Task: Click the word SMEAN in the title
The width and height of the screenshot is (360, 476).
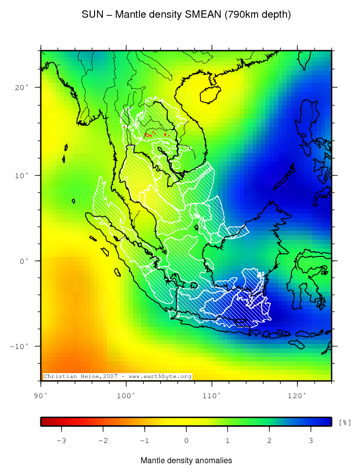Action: (203, 15)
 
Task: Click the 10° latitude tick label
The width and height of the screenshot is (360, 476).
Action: (22, 175)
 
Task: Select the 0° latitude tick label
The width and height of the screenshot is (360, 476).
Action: (24, 261)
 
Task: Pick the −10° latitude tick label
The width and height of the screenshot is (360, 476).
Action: (20, 346)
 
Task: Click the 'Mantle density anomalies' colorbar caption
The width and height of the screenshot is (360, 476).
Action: (186, 461)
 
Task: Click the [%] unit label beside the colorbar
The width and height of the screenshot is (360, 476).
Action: (345, 422)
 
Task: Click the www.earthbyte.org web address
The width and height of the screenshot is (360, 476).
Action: (160, 377)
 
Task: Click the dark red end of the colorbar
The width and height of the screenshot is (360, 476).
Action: (44, 421)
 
